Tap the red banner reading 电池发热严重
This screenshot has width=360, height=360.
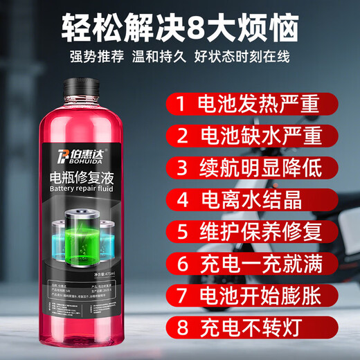[x=255, y=105]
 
